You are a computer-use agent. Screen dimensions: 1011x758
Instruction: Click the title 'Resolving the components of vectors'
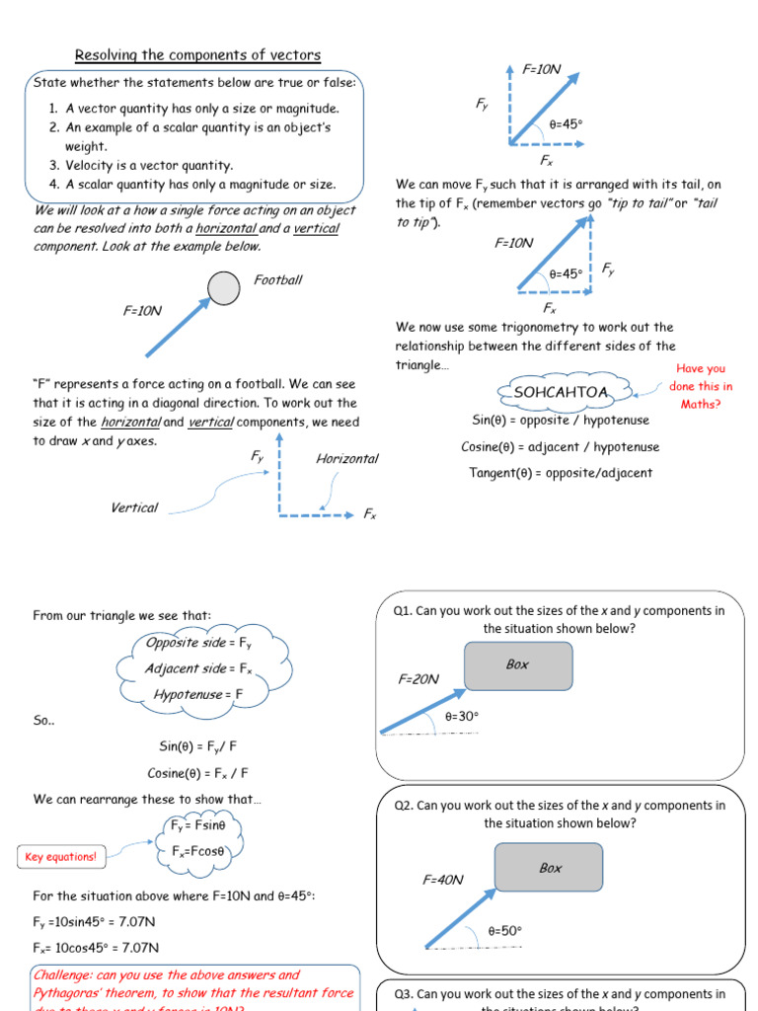pos(198,55)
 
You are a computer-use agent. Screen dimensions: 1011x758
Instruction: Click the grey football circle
pos(224,287)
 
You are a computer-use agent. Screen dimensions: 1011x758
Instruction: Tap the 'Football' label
pos(278,280)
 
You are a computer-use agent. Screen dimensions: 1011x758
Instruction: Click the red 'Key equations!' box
pos(60,857)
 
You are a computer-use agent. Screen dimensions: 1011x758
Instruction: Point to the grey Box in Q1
pos(518,665)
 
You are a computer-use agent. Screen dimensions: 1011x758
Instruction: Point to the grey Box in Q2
pos(549,868)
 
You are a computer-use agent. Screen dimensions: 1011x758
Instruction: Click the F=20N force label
pos(418,679)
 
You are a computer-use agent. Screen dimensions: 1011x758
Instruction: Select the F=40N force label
pos(443,880)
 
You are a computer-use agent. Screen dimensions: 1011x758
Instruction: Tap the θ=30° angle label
pos(461,716)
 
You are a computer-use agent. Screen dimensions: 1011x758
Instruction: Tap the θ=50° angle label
pos(504,930)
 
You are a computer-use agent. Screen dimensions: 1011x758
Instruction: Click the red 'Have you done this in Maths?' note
pos(701,386)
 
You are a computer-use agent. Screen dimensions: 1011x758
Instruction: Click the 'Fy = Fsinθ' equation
pos(198,825)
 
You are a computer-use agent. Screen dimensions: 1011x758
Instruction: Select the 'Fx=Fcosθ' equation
pos(198,851)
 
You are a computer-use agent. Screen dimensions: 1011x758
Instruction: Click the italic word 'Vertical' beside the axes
pos(134,507)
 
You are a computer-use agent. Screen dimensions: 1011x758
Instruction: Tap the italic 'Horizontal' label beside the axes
pos(346,459)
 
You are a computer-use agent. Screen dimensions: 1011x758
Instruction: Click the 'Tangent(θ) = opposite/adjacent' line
pos(561,473)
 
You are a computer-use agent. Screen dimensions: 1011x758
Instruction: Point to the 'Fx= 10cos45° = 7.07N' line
pos(94,948)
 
